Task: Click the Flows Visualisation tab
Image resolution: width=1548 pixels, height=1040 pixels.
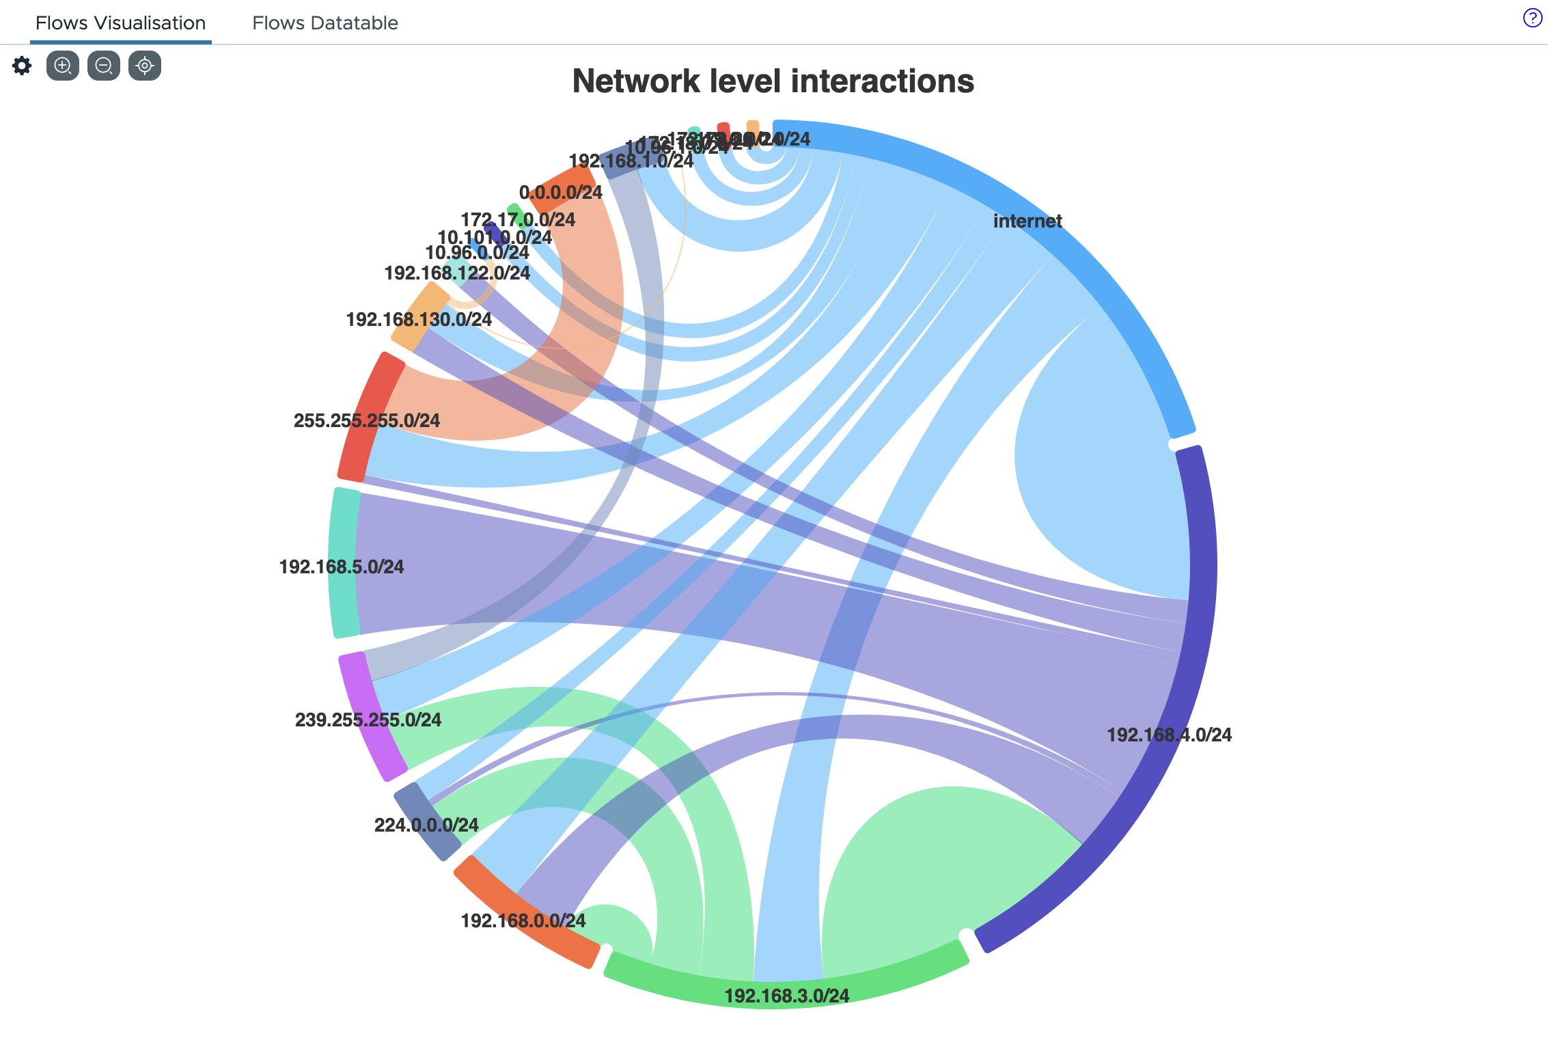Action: [120, 23]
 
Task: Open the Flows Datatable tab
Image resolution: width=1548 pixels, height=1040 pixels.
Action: [324, 23]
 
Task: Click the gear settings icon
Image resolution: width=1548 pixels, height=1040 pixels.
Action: [22, 66]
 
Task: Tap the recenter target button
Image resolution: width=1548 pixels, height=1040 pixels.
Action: [145, 66]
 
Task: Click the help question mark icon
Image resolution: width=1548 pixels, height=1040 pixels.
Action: [1532, 18]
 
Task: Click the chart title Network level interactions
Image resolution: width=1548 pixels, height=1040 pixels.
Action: [773, 81]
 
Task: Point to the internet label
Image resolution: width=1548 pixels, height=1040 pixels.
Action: [1027, 221]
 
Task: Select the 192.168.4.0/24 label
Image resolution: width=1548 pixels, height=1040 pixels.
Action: [1169, 735]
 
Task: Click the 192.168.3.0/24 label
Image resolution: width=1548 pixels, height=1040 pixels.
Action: [786, 996]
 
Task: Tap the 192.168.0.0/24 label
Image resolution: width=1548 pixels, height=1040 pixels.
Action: [523, 921]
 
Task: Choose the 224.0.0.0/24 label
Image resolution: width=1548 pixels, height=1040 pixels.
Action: [426, 825]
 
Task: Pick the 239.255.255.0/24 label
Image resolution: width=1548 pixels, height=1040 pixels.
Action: [368, 720]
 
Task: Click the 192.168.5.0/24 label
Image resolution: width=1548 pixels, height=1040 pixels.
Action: [341, 567]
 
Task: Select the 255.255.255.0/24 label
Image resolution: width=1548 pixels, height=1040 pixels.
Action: [366, 421]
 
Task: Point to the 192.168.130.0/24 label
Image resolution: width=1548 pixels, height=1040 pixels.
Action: [418, 320]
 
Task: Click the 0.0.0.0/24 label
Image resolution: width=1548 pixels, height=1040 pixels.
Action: [560, 193]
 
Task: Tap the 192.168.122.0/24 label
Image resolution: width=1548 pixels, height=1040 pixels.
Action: [456, 273]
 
